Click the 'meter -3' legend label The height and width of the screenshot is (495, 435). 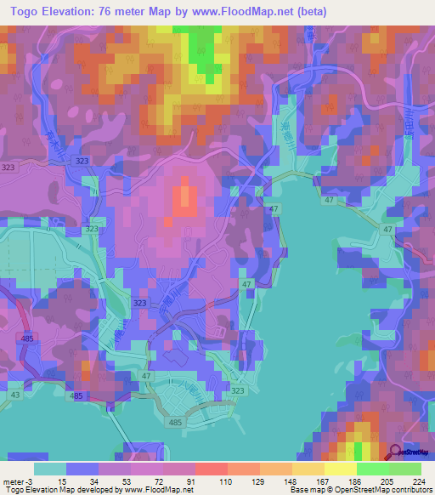pyautogui.click(x=17, y=481)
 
